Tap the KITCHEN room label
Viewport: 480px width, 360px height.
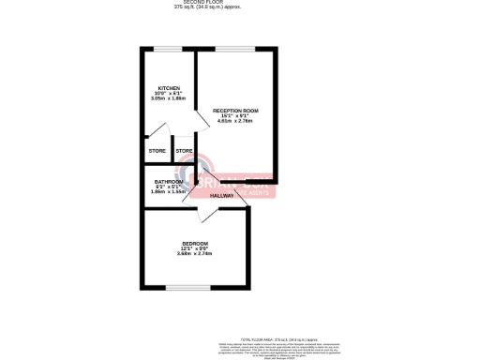click(169, 88)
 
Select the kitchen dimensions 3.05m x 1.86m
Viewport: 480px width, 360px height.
click(169, 98)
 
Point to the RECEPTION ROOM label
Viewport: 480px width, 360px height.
click(234, 111)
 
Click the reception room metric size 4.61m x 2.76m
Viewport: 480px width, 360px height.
click(234, 121)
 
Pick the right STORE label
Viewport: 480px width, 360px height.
click(184, 151)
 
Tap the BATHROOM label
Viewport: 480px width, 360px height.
click(169, 181)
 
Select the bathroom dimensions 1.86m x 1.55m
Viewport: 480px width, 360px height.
click(169, 191)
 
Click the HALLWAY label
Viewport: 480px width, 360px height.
click(222, 195)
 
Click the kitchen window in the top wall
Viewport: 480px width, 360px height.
click(168, 49)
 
